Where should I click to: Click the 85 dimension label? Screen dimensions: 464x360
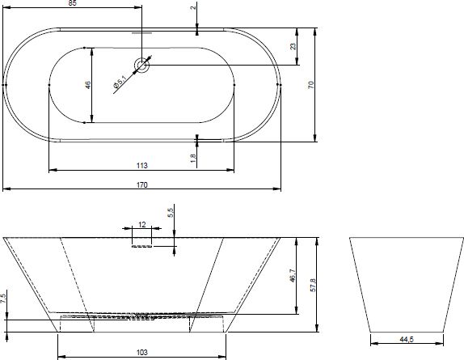pyautogui.click(x=72, y=3)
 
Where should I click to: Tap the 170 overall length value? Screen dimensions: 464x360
pyautogui.click(x=141, y=185)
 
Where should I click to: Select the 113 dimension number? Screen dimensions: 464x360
pyautogui.click(x=141, y=166)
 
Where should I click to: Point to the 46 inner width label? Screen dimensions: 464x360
pyautogui.click(x=88, y=85)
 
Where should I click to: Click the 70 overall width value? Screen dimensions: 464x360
pyautogui.click(x=310, y=85)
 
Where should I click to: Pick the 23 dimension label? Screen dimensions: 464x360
pyautogui.click(x=293, y=46)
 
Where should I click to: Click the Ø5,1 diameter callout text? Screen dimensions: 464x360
pyautogui.click(x=120, y=82)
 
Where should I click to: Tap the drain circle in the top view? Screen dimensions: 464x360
pyautogui.click(x=141, y=65)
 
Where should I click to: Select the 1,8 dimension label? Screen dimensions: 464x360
pyautogui.click(x=193, y=158)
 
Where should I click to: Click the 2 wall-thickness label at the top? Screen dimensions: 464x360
pyautogui.click(x=193, y=7)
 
